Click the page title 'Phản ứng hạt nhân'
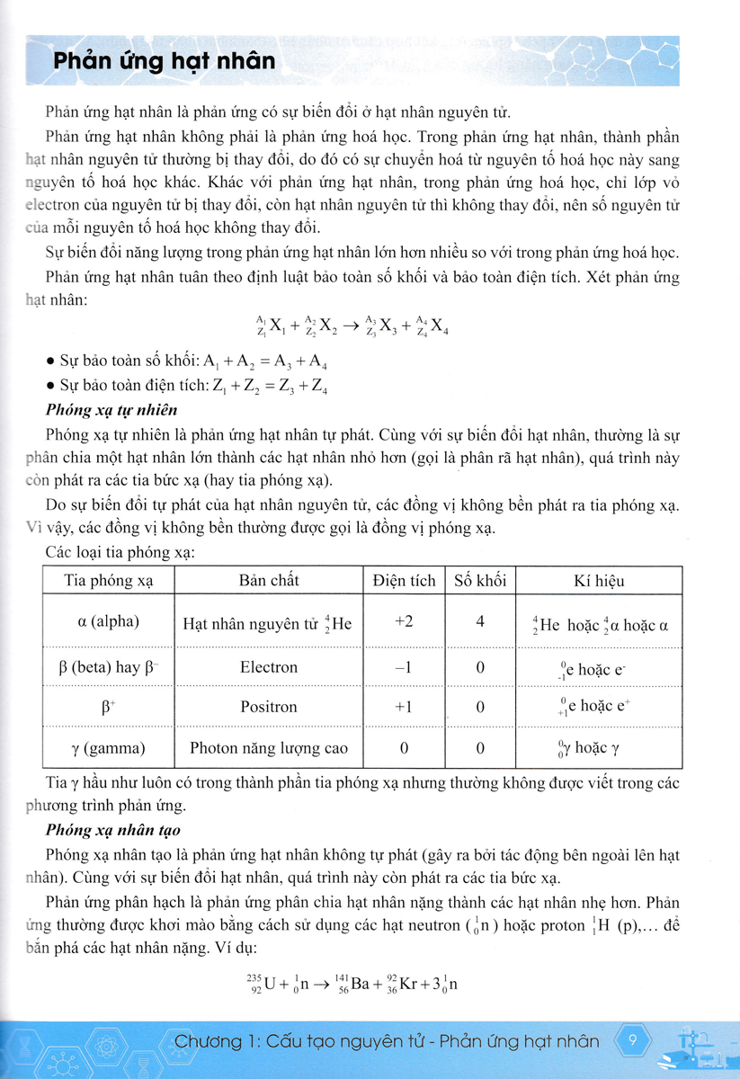[x=164, y=62]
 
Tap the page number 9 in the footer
[x=634, y=1042]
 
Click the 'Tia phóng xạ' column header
[x=109, y=581]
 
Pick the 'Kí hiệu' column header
[x=599, y=581]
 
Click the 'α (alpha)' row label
[x=109, y=621]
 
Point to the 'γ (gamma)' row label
[x=109, y=747]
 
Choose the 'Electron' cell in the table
[x=269, y=667]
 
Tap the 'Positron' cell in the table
[x=269, y=707]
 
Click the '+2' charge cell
[x=404, y=621]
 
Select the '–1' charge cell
[x=404, y=667]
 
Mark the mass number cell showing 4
[x=480, y=621]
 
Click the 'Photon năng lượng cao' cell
[x=269, y=747]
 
